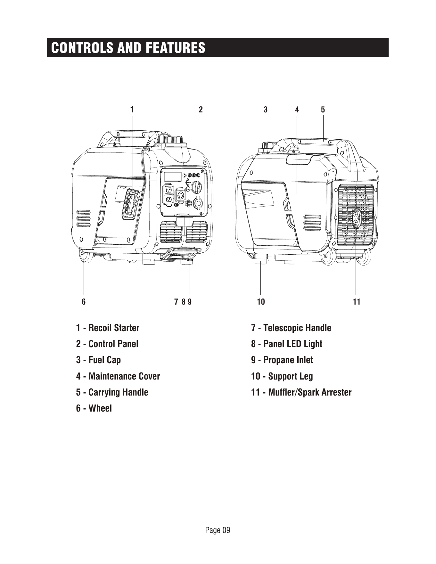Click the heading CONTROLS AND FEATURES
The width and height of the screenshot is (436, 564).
(128, 48)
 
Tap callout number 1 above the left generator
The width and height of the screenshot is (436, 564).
(132, 110)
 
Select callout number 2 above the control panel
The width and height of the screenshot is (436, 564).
(201, 110)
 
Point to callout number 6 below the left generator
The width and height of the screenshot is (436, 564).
(84, 302)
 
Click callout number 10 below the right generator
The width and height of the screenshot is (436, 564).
(261, 302)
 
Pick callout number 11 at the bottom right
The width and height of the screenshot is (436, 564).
(357, 302)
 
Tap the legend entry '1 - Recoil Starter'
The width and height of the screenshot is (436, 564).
(108, 328)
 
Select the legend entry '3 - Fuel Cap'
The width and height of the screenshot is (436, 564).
(98, 360)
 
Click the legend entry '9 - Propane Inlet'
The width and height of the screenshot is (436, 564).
(282, 360)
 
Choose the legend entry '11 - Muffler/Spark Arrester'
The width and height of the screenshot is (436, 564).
(301, 392)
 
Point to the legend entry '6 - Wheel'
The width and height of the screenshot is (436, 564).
(94, 408)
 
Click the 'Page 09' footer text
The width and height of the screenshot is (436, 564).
(218, 530)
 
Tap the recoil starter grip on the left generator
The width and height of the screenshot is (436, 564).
(131, 204)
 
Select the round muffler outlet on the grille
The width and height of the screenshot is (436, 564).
(356, 218)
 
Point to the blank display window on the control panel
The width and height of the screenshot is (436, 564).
(173, 177)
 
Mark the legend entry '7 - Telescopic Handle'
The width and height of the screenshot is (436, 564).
(291, 328)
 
